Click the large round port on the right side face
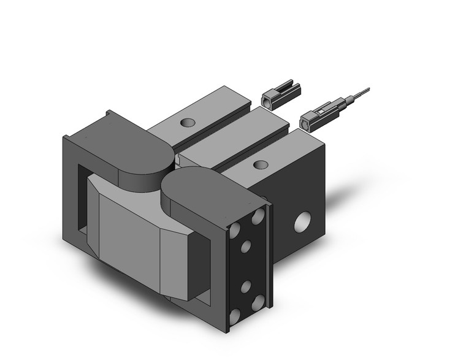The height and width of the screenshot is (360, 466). pyautogui.click(x=303, y=221)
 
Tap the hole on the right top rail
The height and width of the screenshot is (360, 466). pyautogui.click(x=261, y=164)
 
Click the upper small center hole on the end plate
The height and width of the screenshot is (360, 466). pyautogui.click(x=246, y=247)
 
